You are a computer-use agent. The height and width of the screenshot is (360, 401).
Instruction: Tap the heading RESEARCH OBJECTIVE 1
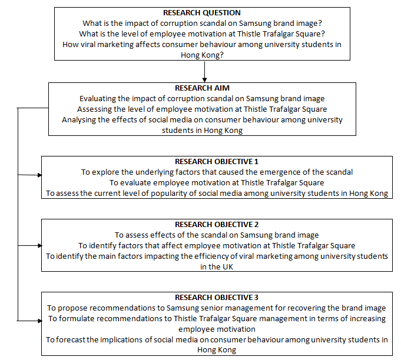[217, 161]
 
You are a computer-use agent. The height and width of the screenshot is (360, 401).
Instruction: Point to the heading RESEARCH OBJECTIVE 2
[217, 224]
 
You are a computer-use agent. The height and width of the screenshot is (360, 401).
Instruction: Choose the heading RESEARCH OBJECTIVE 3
[217, 297]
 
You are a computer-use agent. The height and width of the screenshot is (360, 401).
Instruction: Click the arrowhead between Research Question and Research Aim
[204, 79]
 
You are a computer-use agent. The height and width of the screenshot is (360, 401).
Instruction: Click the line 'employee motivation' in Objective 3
[217, 329]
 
